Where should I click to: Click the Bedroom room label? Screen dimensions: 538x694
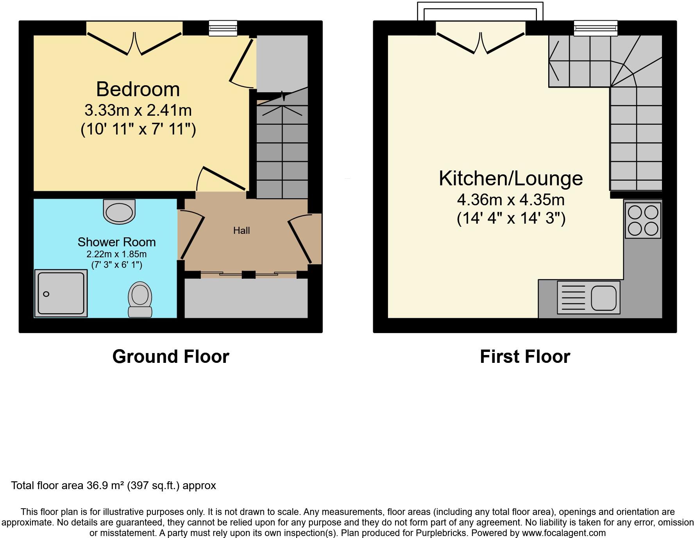click(138, 89)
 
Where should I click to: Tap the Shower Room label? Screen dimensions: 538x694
click(116, 242)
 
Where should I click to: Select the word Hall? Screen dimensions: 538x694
click(241, 231)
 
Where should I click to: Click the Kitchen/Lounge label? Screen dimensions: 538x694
click(511, 178)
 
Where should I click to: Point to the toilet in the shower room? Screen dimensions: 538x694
click(140, 299)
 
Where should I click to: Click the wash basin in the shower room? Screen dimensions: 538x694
click(119, 212)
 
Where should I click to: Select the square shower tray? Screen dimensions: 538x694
click(61, 293)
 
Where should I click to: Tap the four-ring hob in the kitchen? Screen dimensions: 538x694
click(643, 221)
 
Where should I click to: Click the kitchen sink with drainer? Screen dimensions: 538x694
click(588, 297)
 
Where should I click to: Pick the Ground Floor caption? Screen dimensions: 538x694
click(170, 357)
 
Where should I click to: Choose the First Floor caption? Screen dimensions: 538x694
click(525, 357)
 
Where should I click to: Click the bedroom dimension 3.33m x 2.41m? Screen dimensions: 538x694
click(138, 110)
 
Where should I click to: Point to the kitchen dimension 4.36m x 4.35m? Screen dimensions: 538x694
click(511, 200)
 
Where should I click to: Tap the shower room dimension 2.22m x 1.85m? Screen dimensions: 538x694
click(116, 254)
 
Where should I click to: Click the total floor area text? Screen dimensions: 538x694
click(113, 486)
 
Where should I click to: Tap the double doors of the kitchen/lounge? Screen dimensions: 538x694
click(480, 43)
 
